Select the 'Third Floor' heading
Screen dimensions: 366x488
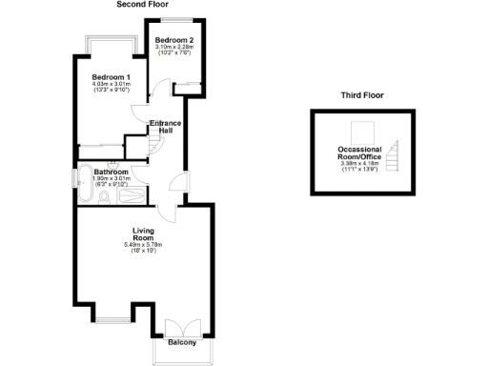coord(362,95)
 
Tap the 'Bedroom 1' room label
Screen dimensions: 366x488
coord(111,75)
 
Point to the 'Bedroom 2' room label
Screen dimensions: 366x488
coord(174,40)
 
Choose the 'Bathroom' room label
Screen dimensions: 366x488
coord(112,171)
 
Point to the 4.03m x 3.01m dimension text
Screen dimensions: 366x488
coord(111,84)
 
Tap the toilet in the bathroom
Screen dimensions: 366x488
coord(105,196)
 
